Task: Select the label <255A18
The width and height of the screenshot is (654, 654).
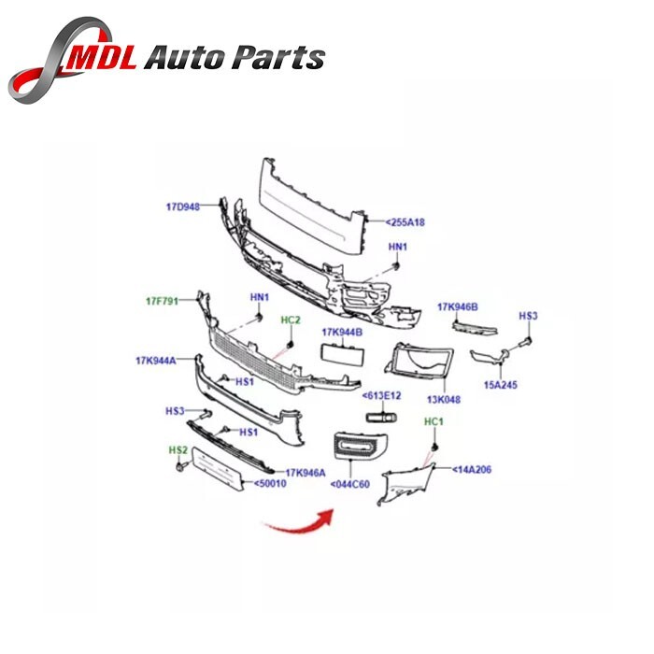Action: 405,222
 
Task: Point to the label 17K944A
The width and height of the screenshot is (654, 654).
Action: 156,359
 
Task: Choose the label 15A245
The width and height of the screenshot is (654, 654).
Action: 499,384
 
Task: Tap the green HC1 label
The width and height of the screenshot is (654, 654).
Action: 434,422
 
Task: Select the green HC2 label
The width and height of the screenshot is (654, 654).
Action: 291,320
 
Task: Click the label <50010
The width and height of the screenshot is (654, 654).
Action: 271,484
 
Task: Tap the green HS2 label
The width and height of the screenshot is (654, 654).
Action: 178,450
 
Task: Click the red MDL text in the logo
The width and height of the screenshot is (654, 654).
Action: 104,59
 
